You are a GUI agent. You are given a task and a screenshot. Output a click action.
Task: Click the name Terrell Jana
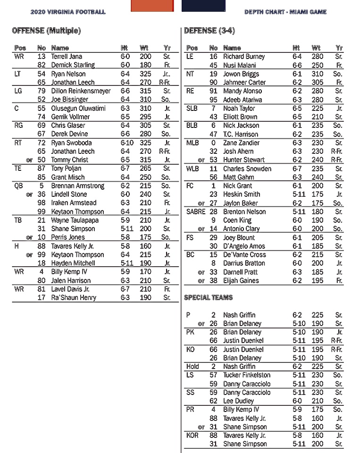tap(67, 57)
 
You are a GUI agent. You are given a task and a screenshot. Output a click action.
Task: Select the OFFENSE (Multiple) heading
tap(46, 31)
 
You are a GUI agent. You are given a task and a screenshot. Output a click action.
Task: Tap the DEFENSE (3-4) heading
tap(209, 31)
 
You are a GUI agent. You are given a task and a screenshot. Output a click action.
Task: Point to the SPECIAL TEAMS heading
tap(208, 298)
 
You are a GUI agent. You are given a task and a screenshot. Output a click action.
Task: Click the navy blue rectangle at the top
tap(203, 5)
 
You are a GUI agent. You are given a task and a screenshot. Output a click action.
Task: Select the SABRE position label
tap(196, 212)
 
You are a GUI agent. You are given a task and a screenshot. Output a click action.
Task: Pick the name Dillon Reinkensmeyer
tap(81, 91)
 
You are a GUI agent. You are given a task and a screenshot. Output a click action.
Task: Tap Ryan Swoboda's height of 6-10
tap(126, 143)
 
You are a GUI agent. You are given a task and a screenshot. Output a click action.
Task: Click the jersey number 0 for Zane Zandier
tap(213, 143)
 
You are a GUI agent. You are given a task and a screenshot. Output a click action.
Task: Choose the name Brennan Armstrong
tap(78, 186)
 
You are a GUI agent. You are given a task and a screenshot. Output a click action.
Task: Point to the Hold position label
tap(193, 367)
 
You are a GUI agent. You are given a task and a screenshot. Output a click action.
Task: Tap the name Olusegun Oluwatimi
tap(77, 108)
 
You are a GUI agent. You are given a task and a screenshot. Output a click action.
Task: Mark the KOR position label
tap(193, 436)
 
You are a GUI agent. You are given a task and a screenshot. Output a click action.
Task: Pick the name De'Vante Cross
tap(244, 255)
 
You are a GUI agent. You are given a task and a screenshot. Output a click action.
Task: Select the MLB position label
tap(193, 143)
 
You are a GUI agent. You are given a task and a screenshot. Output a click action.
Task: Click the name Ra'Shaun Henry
tap(74, 298)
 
